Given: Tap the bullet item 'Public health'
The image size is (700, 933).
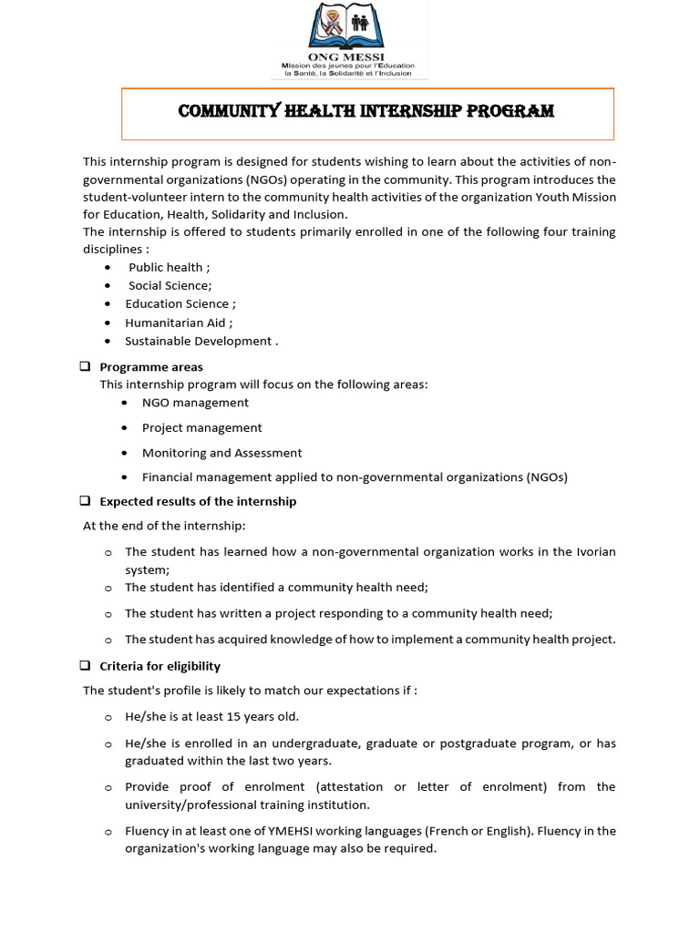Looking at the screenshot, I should (169, 267).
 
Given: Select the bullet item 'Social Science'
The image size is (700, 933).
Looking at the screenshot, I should (170, 285).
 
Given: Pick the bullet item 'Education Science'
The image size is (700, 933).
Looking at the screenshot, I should (180, 303).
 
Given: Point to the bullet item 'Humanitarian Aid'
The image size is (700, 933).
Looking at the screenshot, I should (179, 323).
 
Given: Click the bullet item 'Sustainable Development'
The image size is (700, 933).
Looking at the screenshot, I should (201, 341).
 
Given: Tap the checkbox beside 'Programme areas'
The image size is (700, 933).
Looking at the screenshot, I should (85, 366).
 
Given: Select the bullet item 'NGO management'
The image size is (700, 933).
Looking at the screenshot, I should (195, 403).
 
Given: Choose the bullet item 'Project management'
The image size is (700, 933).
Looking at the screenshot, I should (201, 427).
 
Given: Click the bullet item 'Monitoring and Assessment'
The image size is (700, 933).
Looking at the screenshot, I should (221, 453).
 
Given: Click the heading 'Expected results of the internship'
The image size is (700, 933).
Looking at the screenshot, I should (198, 501).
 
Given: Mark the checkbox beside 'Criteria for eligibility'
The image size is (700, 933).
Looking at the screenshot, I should (85, 665).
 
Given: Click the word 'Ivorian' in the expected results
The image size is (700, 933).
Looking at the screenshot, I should (594, 552).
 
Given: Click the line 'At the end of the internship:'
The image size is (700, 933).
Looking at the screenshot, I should (164, 526).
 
